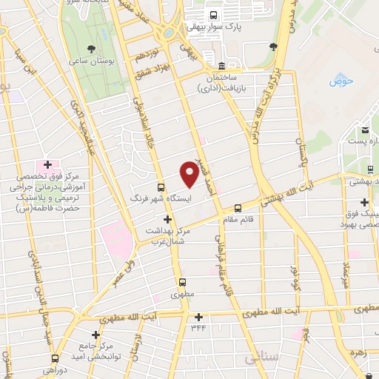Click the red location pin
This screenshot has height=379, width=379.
[x=189, y=174]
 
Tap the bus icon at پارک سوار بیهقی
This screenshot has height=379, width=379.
[x=214, y=16]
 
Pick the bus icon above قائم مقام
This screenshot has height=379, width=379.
[x=238, y=208]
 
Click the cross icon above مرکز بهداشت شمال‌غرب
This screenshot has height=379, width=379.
[x=168, y=219]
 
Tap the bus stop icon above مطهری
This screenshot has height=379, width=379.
[x=182, y=282]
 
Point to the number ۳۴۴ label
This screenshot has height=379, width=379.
[x=198, y=328]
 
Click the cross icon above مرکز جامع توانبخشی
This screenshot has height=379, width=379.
[x=95, y=335]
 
